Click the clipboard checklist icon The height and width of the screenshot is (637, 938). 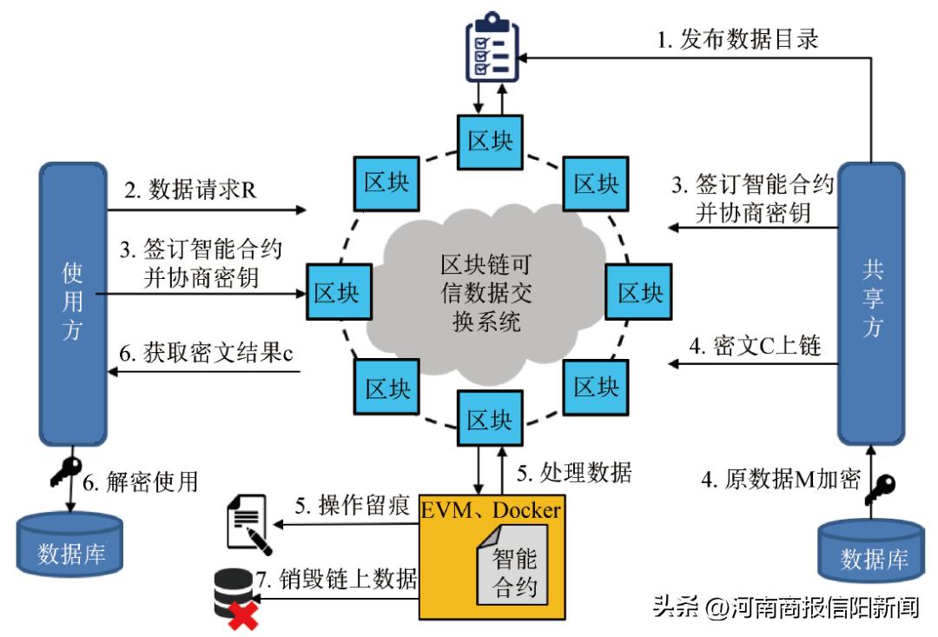489,49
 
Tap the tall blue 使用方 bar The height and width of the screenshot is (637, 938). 72,304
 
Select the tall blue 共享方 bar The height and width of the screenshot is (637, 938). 870,304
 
